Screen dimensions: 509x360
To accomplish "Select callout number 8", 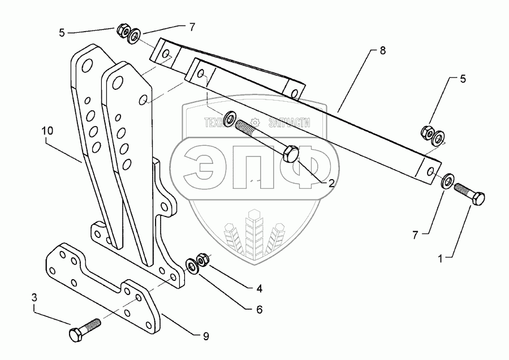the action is coord(383,50).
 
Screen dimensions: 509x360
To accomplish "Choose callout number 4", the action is coord(259,289).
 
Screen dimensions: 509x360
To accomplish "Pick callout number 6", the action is coord(259,309).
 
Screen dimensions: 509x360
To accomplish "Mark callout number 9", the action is coord(206,336).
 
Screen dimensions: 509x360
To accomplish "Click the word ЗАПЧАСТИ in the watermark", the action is coord(291,121).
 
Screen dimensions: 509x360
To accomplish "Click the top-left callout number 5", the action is coord(62,33).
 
